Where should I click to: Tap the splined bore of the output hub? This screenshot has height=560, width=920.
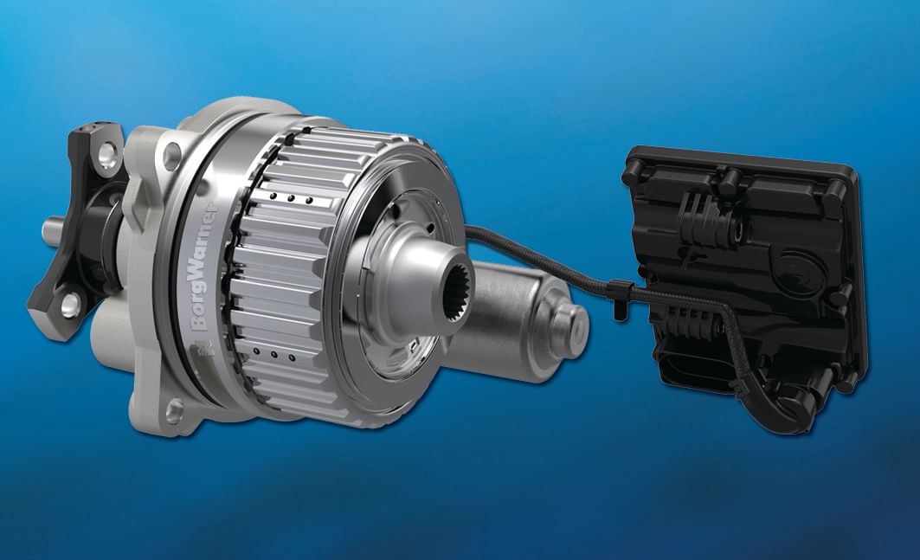457,293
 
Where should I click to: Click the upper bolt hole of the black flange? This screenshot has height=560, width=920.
107,154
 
